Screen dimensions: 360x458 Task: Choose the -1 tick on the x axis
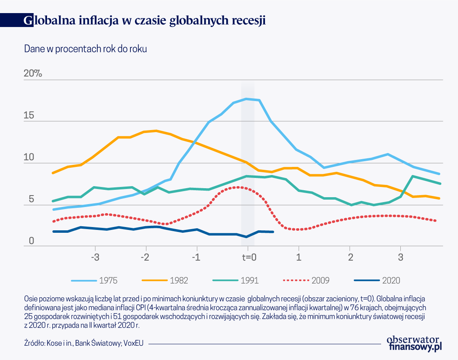(197, 257)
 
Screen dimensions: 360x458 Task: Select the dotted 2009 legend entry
(306, 281)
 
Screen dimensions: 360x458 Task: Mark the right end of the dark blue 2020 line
(273, 232)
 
